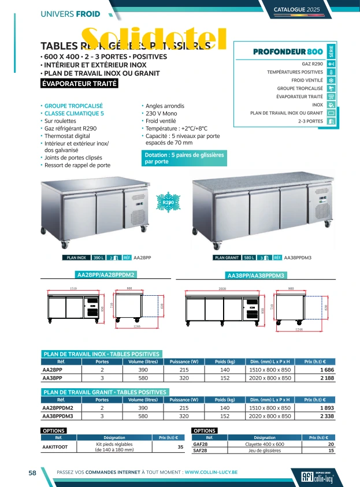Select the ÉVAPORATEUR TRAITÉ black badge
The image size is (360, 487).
(x=80, y=83)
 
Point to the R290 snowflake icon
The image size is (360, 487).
(x=168, y=203)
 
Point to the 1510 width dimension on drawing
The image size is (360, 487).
(x=73, y=288)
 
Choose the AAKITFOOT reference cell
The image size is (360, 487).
(x=55, y=447)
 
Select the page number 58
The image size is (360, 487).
(x=33, y=472)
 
